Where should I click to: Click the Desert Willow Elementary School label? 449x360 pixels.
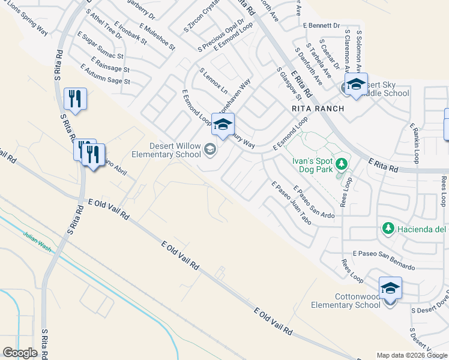(x=175, y=150)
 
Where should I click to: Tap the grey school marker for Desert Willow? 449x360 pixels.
(x=210, y=149)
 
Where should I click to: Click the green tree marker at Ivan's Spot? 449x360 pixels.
(x=342, y=163)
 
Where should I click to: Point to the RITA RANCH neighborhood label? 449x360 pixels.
(x=318, y=109)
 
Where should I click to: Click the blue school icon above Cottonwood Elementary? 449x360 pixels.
(x=390, y=289)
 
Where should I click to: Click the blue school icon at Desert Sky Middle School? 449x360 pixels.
(x=355, y=84)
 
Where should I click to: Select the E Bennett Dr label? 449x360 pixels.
(x=321, y=26)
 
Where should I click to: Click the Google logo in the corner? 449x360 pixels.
(x=20, y=353)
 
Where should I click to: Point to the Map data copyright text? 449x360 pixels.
(x=412, y=355)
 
